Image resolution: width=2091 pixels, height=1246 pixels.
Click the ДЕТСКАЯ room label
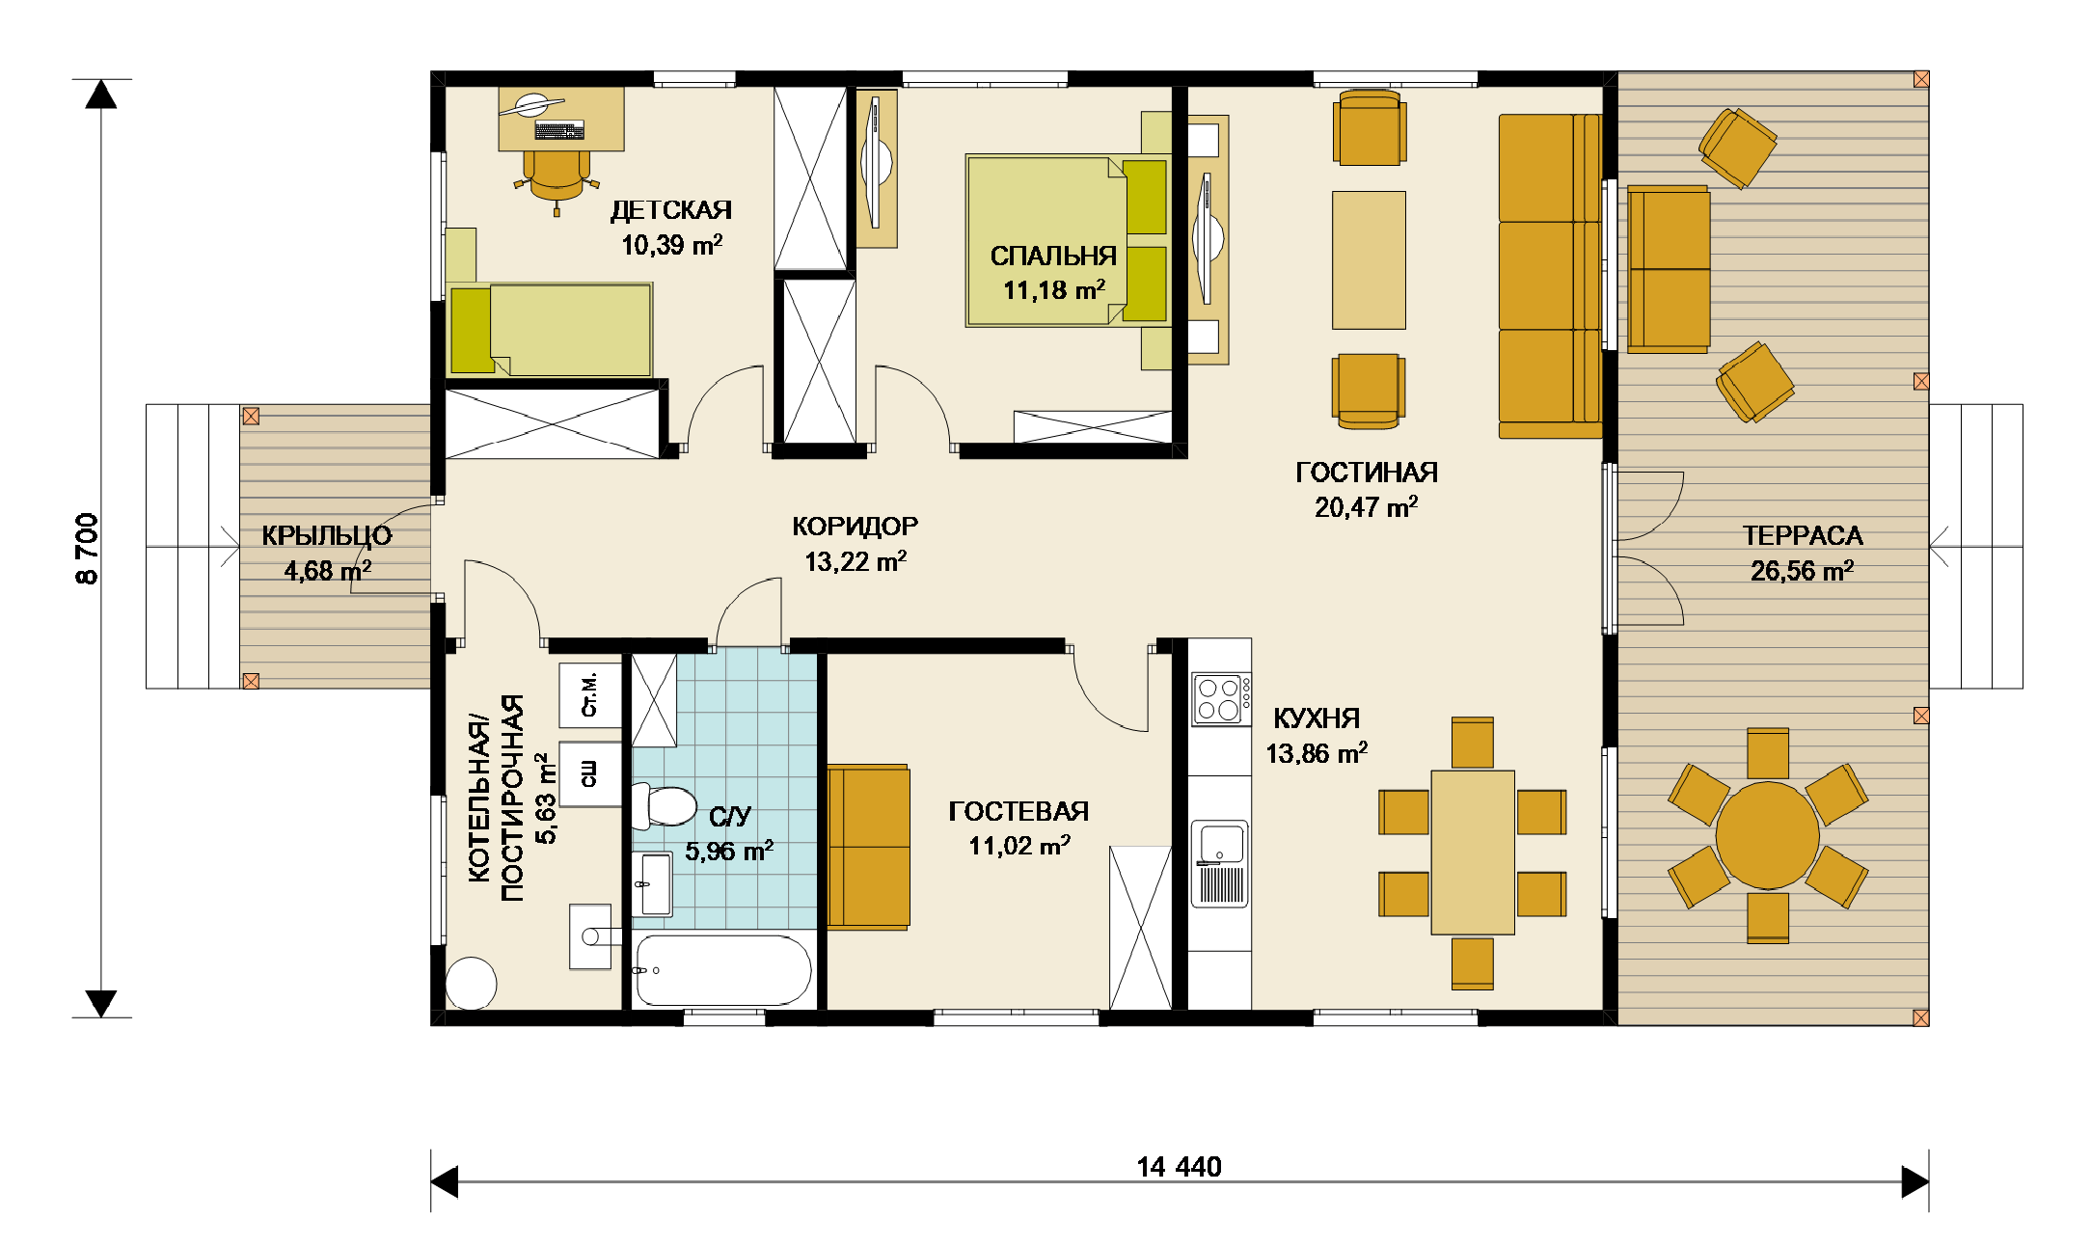coord(671,210)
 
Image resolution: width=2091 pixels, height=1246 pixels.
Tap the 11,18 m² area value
coord(1054,289)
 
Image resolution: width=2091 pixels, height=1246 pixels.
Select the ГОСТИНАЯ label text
coord(1367,473)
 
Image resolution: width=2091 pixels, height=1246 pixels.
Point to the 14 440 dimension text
coord(1179,1167)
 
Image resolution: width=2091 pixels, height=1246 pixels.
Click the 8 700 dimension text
coord(87,548)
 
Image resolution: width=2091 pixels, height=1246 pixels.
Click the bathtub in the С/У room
coord(723,970)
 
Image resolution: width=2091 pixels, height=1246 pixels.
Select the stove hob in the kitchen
coord(1220,699)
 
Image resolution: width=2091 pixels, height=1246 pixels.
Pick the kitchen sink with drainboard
coord(1220,863)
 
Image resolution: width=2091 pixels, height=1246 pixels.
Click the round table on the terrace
coord(1767,835)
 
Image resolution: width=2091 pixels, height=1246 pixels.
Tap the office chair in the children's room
coord(557,178)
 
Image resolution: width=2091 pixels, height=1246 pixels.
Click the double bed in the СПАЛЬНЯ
coord(1069,241)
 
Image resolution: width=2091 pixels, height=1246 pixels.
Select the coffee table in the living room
coord(1369,260)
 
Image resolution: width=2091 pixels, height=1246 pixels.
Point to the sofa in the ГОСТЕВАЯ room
coord(868,848)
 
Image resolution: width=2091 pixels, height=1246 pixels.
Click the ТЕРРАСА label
coord(1802,535)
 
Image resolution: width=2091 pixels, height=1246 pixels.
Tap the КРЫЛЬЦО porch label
coord(327,535)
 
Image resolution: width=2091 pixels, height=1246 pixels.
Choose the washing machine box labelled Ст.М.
coord(590,695)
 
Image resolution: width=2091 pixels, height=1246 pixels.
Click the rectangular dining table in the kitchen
coord(1473,853)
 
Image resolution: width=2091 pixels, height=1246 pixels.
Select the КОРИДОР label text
coord(855,527)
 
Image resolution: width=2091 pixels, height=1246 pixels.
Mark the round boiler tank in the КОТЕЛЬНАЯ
coord(472,984)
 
